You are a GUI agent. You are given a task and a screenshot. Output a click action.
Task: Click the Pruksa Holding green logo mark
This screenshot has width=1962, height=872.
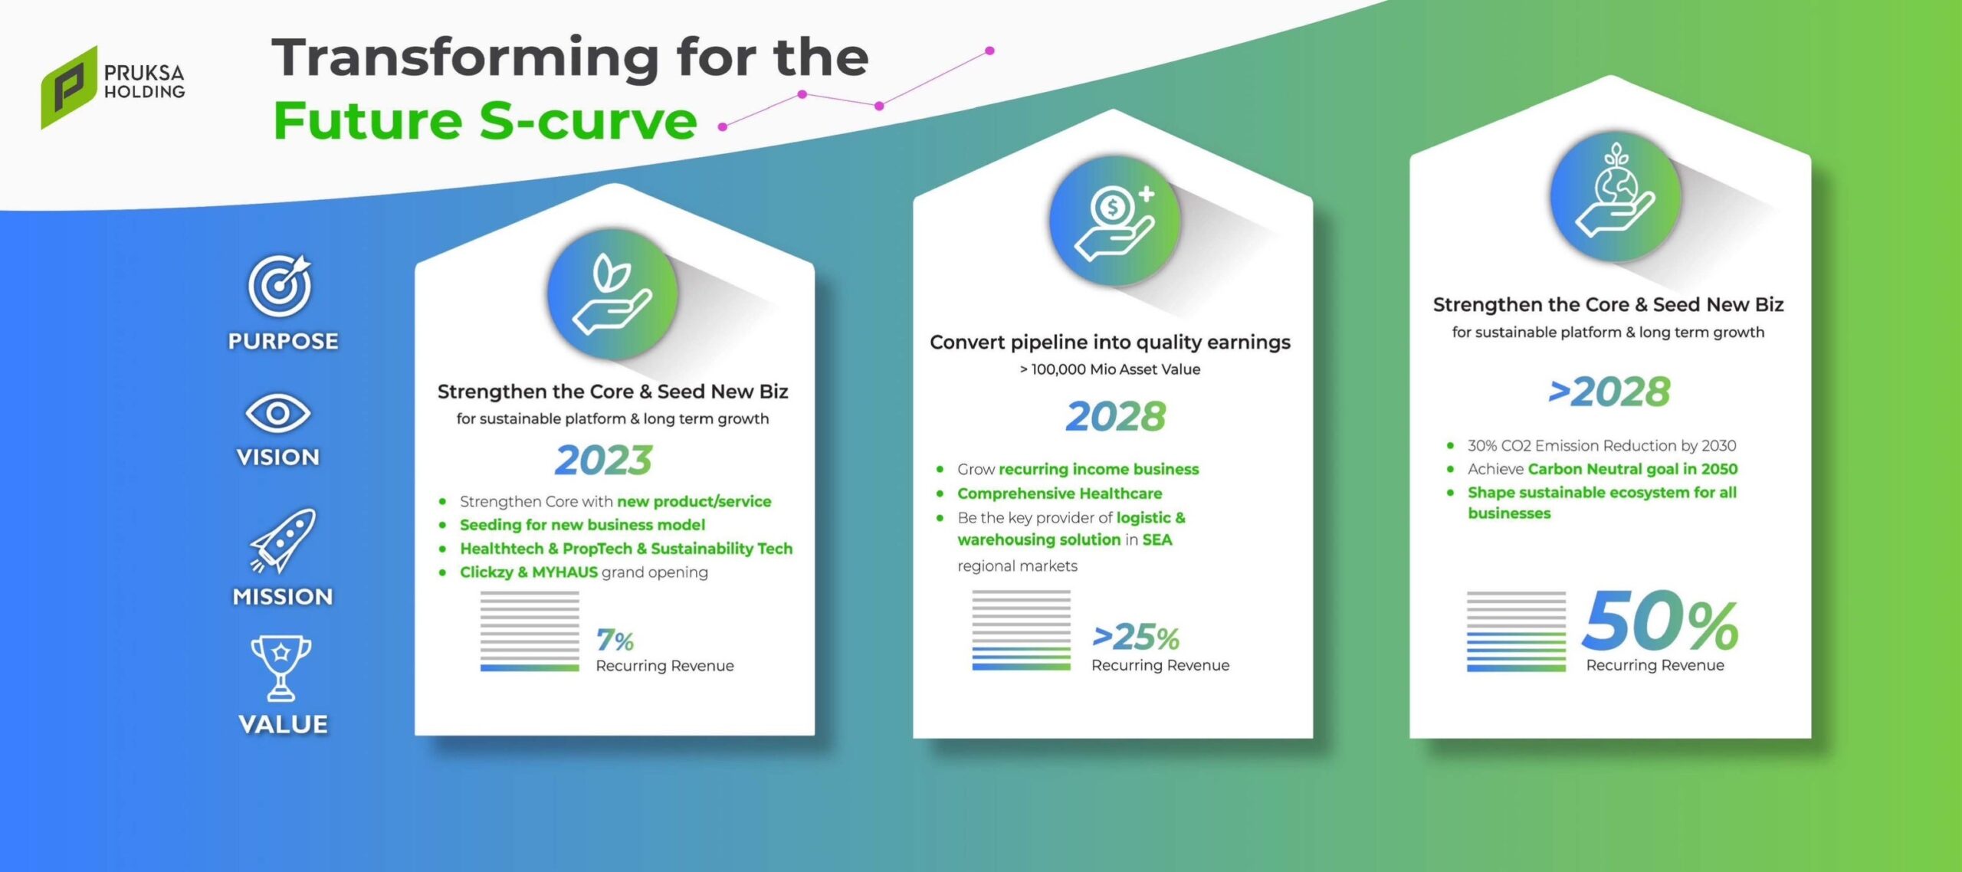tap(69, 87)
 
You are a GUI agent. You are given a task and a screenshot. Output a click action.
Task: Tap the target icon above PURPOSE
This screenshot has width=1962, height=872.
tap(280, 285)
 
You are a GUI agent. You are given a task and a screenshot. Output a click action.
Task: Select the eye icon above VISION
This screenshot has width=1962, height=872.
tap(277, 414)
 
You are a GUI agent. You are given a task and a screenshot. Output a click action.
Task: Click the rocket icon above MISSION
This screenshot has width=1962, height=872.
tap(283, 540)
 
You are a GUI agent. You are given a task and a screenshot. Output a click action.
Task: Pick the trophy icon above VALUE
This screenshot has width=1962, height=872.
tap(281, 667)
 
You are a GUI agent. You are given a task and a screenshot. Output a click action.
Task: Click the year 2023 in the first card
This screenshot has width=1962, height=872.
tap(604, 460)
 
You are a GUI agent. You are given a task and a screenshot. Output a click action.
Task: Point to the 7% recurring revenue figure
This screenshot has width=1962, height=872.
tap(615, 640)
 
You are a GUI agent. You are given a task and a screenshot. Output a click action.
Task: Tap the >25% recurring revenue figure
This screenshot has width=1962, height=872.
tap(1136, 637)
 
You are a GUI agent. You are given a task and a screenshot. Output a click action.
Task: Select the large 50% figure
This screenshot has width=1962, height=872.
tap(1660, 621)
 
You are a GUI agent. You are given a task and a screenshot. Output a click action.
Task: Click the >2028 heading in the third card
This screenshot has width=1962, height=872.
tap(1609, 392)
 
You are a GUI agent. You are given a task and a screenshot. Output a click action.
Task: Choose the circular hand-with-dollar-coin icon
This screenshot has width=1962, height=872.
tap(1114, 221)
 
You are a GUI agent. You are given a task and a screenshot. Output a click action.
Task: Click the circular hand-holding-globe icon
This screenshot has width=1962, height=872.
tap(1615, 196)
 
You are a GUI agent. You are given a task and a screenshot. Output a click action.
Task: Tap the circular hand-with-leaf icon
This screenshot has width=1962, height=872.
tap(612, 294)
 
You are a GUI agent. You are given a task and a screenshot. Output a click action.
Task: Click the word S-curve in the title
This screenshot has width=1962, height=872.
tap(589, 121)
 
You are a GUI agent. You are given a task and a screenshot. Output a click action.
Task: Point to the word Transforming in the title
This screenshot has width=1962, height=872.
tap(465, 59)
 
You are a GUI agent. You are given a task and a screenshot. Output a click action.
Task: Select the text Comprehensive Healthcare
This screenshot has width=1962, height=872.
tap(1059, 493)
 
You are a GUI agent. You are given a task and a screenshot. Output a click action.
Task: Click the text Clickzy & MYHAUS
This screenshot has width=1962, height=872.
tap(529, 572)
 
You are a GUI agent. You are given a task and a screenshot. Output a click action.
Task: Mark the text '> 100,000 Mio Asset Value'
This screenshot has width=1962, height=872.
tap(1110, 369)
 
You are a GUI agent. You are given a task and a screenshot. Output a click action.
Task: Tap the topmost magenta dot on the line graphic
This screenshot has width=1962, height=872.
tap(989, 51)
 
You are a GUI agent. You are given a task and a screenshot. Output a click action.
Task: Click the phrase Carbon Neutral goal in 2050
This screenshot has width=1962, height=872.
tap(1632, 469)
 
